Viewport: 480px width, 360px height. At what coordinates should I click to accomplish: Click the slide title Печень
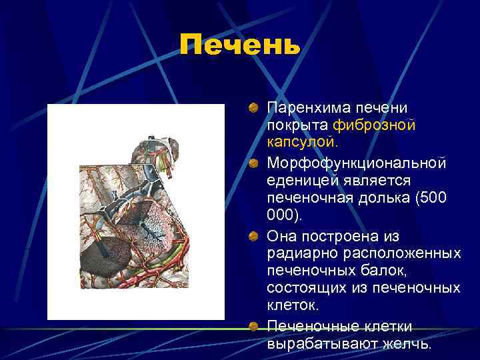point(240,46)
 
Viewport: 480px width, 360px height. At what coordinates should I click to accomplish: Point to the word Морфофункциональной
point(356,163)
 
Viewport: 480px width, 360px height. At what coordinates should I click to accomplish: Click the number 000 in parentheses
point(284,217)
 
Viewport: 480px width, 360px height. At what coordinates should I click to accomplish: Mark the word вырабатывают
point(314,344)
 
